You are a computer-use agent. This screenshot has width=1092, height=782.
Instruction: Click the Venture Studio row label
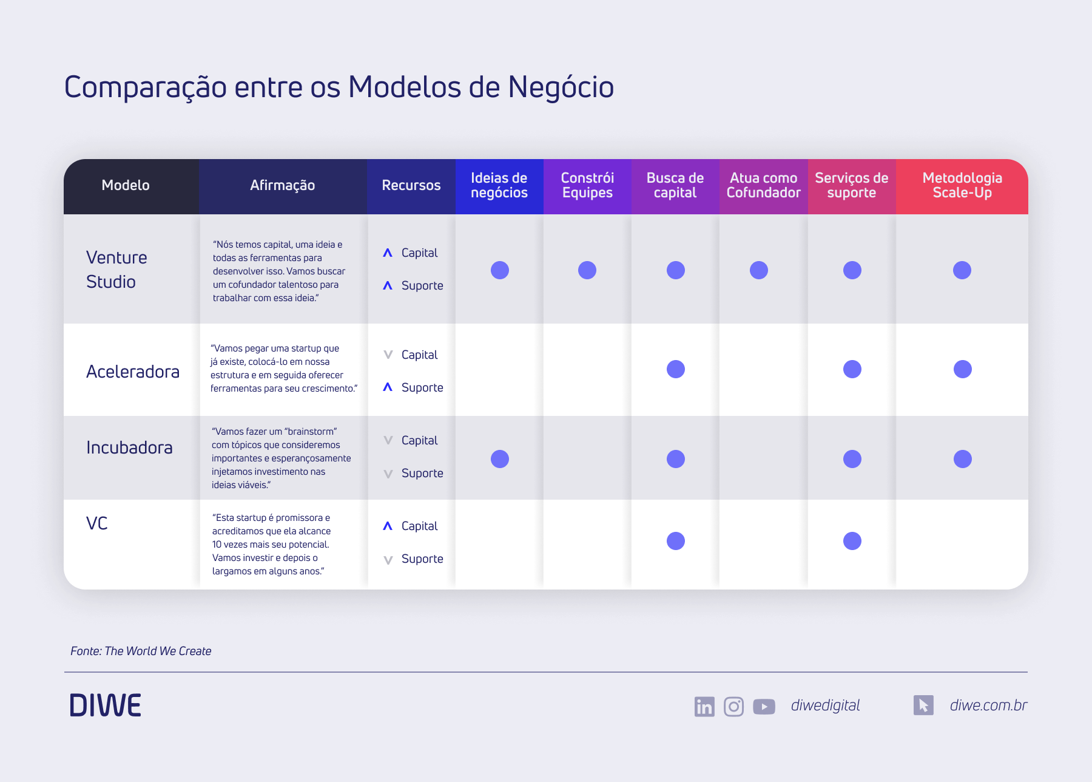[116, 270]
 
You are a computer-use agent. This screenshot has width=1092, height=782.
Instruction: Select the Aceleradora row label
[132, 372]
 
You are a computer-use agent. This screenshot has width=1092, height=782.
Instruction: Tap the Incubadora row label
[129, 447]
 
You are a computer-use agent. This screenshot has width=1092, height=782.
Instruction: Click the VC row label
[97, 523]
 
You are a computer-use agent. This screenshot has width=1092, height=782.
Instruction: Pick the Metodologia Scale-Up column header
[962, 186]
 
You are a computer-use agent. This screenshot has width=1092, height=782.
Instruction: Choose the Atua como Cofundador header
[763, 186]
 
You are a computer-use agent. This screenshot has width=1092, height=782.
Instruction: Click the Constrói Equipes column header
[587, 186]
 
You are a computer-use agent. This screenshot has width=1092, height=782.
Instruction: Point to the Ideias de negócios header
[499, 186]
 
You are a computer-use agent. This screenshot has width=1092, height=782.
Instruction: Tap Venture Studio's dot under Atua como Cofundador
[758, 270]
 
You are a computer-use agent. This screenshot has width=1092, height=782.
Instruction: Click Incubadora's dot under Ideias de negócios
[499, 459]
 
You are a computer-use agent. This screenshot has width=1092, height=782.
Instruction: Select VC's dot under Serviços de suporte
[852, 541]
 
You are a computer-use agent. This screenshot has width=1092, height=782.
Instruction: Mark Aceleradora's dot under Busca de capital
[675, 369]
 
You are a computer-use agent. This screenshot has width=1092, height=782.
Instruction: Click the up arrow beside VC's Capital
[388, 526]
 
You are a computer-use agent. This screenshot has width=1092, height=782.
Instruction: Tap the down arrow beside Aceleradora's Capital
[388, 355]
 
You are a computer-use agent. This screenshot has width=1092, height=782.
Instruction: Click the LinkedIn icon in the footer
[704, 706]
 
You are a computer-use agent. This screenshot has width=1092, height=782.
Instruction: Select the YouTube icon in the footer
[764, 706]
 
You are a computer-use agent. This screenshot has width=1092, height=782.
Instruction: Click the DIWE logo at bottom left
[106, 705]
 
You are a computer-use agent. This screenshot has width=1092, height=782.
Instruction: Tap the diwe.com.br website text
[988, 705]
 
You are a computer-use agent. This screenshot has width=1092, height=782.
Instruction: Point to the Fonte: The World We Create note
[141, 651]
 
